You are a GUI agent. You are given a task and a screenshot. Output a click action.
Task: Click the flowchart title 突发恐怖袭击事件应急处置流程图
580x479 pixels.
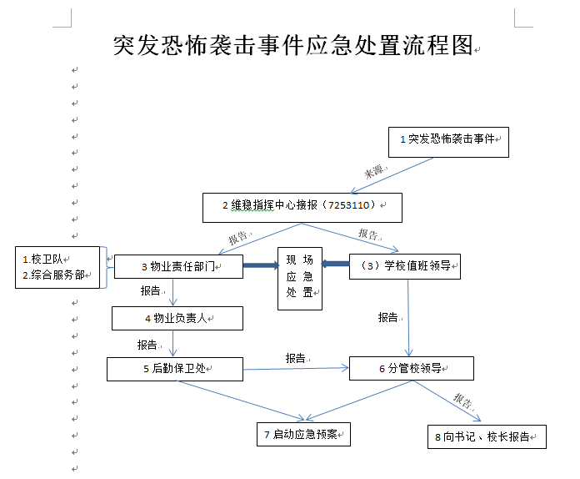click(x=292, y=46)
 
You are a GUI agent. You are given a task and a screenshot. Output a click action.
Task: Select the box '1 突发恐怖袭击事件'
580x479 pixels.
click(x=448, y=141)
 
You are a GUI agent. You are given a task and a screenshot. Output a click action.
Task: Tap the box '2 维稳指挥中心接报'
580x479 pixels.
click(x=302, y=207)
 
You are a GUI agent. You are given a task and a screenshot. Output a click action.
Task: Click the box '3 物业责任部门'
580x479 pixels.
click(x=178, y=266)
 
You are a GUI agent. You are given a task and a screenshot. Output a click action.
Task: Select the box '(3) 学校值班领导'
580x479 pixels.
click(x=405, y=266)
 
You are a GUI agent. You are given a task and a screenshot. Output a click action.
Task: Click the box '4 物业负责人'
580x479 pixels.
click(x=177, y=318)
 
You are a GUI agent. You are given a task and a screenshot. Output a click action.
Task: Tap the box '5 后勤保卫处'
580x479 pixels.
click(x=175, y=368)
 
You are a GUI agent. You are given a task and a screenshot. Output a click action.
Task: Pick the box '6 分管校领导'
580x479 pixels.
click(x=412, y=368)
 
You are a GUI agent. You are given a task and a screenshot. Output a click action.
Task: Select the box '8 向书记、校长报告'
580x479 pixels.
click(x=485, y=436)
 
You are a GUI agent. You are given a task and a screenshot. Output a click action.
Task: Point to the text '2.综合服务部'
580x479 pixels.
click(x=53, y=275)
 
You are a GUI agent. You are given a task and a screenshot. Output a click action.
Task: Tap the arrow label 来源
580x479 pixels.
click(x=374, y=172)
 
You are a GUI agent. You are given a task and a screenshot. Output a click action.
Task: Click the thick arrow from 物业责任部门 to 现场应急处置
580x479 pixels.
click(x=259, y=266)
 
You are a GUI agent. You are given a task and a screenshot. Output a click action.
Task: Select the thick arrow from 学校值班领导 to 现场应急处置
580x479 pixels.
click(x=335, y=265)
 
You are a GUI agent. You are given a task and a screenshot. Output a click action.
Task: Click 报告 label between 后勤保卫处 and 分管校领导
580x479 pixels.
click(x=296, y=358)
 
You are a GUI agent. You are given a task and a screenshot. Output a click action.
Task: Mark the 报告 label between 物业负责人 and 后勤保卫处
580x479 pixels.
click(x=147, y=344)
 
